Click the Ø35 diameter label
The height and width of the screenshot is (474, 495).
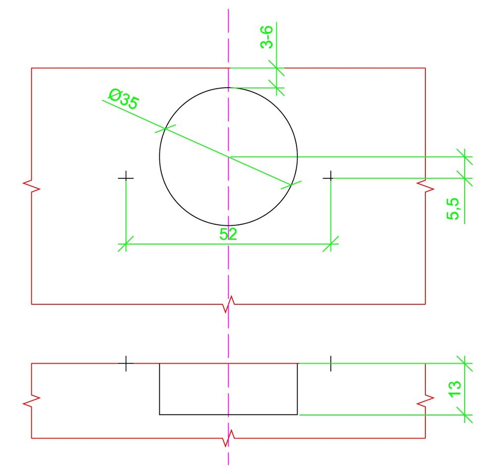pyautogui.click(x=123, y=99)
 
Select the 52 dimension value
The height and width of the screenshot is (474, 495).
pyautogui.click(x=228, y=234)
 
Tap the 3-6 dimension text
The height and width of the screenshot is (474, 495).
pyautogui.click(x=266, y=37)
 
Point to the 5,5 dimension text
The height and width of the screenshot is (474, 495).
pyautogui.click(x=453, y=209)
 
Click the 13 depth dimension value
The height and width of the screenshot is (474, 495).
pyautogui.click(x=454, y=389)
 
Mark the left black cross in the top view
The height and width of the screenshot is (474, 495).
pyautogui.click(x=126, y=178)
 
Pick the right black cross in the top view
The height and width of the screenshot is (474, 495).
pyautogui.click(x=330, y=178)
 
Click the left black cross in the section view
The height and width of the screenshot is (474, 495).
pyautogui.click(x=126, y=364)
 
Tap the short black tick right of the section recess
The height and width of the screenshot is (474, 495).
pyautogui.click(x=331, y=364)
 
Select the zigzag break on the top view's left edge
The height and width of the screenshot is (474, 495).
pyautogui.click(x=32, y=186)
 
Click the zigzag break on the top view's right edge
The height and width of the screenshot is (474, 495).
pyautogui.click(x=425, y=186)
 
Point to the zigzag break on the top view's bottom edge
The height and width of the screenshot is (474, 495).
pyautogui.click(x=229, y=305)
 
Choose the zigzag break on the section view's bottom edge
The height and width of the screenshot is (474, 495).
pyautogui.click(x=229, y=438)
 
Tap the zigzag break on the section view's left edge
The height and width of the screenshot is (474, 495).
pyautogui.click(x=32, y=400)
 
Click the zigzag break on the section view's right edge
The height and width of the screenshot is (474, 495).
pyautogui.click(x=425, y=400)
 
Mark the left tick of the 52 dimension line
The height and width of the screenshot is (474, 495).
pyautogui.click(x=126, y=244)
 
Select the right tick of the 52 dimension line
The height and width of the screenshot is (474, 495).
pyautogui.click(x=331, y=244)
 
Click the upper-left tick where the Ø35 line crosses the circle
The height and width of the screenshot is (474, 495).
pyautogui.click(x=165, y=128)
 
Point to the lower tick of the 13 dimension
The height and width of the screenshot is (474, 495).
pyautogui.click(x=465, y=415)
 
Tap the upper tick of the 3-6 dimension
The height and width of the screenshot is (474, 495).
pyautogui.click(x=277, y=67)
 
